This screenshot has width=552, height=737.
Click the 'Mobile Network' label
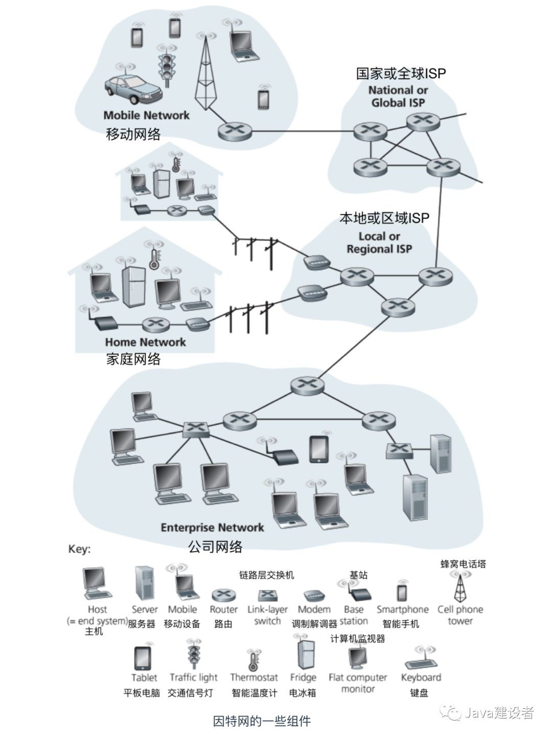click(x=146, y=116)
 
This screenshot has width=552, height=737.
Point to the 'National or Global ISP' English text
click(x=398, y=96)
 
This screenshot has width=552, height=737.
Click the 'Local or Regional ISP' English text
click(x=379, y=243)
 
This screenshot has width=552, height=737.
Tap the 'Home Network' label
click(x=146, y=342)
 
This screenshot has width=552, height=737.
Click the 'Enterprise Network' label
click(x=212, y=527)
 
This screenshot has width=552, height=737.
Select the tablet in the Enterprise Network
click(x=319, y=449)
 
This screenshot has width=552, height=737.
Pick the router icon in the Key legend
click(x=223, y=595)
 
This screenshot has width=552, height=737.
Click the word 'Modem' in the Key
click(x=314, y=610)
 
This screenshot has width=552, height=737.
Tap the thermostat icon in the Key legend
click(x=253, y=661)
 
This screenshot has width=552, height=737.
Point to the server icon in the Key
click(x=145, y=583)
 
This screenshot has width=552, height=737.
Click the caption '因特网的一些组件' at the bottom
click(x=262, y=722)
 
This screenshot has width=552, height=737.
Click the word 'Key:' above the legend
click(x=79, y=549)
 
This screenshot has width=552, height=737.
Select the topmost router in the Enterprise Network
click(x=307, y=385)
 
